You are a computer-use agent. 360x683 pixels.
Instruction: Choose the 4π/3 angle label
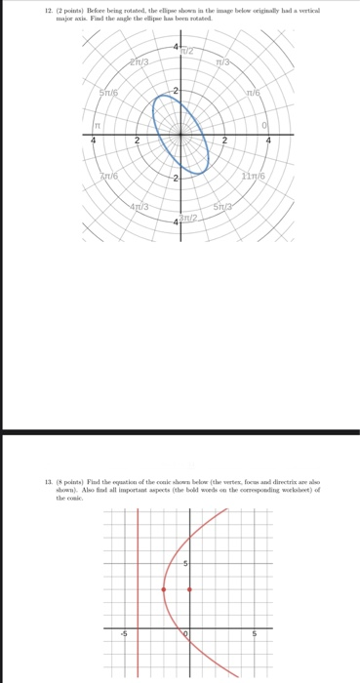tap(140, 207)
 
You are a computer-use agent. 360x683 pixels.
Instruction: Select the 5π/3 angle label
tap(226, 207)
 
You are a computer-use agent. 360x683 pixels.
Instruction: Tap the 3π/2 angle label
tap(199, 218)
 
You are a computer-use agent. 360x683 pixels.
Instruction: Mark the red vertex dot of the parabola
tap(164, 589)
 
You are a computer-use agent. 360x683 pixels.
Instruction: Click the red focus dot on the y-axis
tap(189, 589)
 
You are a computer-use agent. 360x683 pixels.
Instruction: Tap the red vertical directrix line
tap(138, 624)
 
